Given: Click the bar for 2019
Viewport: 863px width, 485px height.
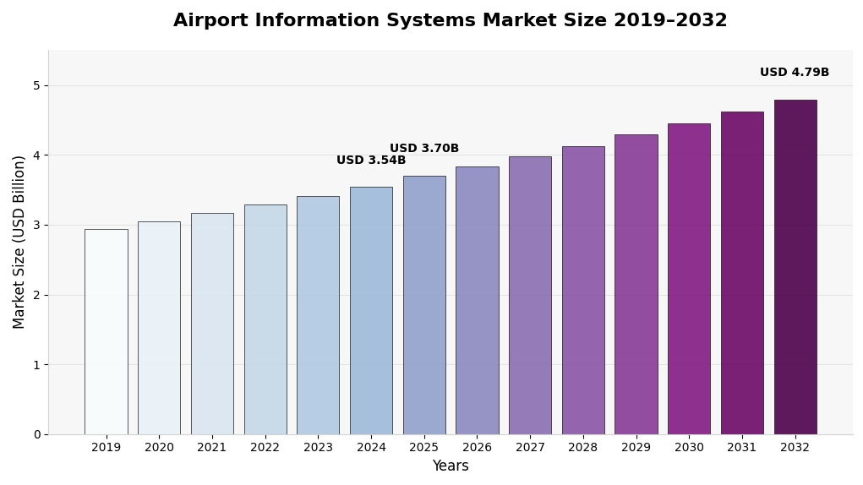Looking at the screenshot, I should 106,331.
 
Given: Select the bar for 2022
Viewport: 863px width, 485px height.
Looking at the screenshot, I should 265,319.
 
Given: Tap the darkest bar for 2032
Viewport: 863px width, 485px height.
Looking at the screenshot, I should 795,267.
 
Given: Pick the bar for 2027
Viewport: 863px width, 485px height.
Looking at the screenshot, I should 530,295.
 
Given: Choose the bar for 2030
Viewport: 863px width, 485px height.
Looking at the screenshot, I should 689,279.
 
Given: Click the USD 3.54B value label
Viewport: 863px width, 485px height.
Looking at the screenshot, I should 371,161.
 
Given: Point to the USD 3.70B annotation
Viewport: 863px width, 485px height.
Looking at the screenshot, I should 424,149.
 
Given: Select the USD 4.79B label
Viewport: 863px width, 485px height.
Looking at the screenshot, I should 795,73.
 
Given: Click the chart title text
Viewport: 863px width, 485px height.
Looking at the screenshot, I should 450,21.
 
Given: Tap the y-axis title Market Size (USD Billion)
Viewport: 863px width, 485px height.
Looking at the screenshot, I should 19,242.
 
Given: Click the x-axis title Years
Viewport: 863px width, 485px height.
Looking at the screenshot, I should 450,466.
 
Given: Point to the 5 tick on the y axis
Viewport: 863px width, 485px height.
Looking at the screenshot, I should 36,85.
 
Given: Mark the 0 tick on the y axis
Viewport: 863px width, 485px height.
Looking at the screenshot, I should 36,434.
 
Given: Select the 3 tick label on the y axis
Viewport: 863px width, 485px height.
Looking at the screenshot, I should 36,225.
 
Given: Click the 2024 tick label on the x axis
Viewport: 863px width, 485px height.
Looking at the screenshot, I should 371,448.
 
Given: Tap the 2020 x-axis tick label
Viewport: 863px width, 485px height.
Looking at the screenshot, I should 159,448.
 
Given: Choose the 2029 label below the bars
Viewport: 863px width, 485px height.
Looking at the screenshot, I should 636,448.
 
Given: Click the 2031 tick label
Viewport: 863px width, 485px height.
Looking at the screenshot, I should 742,448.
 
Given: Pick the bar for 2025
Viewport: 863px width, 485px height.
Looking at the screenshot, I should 424,305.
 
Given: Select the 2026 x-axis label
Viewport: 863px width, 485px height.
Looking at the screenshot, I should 477,448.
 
